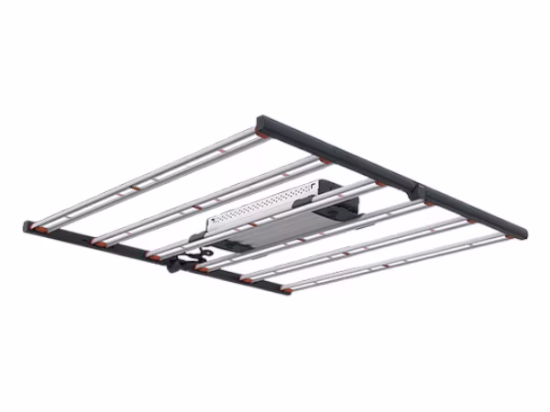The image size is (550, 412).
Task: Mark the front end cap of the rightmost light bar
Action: tap(286, 290)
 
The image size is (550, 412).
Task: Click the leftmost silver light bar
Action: tap(147, 177)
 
